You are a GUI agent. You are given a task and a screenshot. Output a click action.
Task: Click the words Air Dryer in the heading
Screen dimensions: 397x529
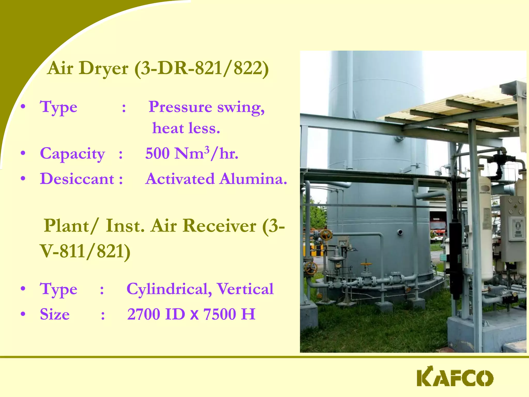point(88,68)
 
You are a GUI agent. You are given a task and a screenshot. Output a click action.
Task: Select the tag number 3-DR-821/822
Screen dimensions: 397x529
point(201,68)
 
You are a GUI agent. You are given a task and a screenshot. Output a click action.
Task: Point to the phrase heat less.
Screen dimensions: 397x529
point(186,128)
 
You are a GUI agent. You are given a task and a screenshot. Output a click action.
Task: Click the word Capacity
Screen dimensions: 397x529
point(72,154)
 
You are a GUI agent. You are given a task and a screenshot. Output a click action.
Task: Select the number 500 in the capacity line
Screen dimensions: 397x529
point(157,153)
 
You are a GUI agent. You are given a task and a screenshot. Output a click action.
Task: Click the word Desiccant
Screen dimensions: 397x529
point(77,179)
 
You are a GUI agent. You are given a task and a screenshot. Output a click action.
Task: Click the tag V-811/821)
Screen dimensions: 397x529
point(85,251)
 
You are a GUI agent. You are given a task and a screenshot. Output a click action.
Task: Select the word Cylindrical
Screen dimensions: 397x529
point(169,289)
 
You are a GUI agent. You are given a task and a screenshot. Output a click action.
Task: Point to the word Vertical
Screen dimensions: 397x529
point(245,289)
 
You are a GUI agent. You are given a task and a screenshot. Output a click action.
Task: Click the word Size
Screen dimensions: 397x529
point(55,314)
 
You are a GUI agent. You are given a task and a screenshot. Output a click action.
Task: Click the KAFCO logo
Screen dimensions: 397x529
point(455,378)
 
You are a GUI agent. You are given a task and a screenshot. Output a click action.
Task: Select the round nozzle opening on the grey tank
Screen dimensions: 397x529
point(400,232)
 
